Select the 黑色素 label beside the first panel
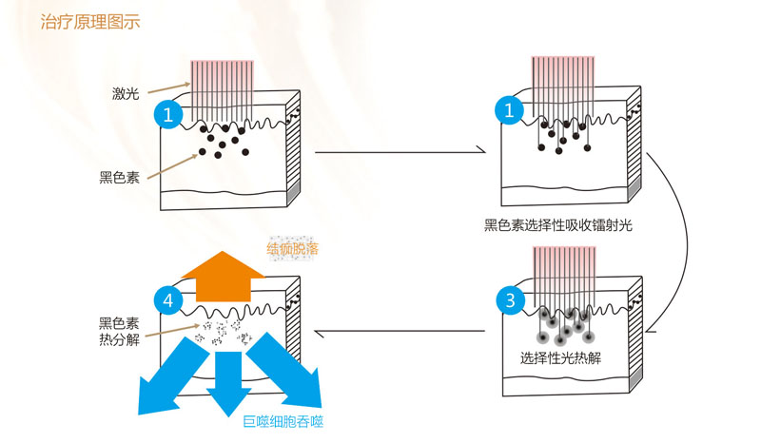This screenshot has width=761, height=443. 119,176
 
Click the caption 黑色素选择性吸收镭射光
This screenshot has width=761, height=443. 558,226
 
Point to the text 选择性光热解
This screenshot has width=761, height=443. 560,358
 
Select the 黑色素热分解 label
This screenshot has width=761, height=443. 119,332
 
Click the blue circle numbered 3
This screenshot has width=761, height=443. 511,301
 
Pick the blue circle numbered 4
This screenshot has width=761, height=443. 168,300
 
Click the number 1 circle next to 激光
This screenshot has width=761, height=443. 168,115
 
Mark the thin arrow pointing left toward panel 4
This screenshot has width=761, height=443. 400,333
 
